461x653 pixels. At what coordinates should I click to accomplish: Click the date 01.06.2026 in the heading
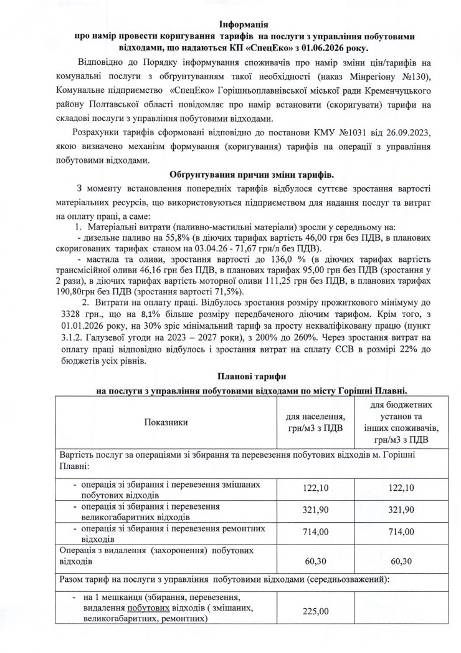tap(329, 47)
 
